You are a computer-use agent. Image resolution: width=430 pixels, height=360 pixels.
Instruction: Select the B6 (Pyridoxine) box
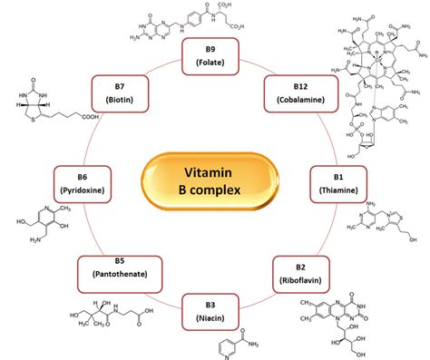(x=86, y=180)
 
